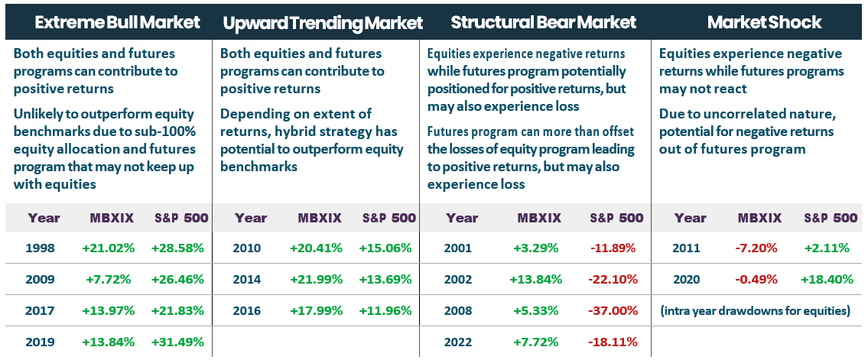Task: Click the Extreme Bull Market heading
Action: coord(117,22)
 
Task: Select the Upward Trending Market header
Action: coord(322,23)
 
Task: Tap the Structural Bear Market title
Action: coord(543,22)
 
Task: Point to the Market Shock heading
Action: coord(764,22)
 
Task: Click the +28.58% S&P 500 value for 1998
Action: coord(177,248)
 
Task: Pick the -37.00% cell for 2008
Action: coord(613,310)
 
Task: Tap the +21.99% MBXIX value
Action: coord(316,279)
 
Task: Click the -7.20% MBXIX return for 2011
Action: coord(757,248)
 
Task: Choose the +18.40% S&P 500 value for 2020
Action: coord(827,279)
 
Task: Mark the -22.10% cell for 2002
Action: coord(613,279)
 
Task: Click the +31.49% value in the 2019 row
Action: coord(177,342)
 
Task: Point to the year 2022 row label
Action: coord(460,342)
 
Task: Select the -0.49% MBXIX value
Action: coord(757,279)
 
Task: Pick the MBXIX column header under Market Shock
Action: coord(759,218)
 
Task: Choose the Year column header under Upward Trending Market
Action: coord(250,218)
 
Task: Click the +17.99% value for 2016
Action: coord(316,310)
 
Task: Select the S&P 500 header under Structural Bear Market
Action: coord(616,218)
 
